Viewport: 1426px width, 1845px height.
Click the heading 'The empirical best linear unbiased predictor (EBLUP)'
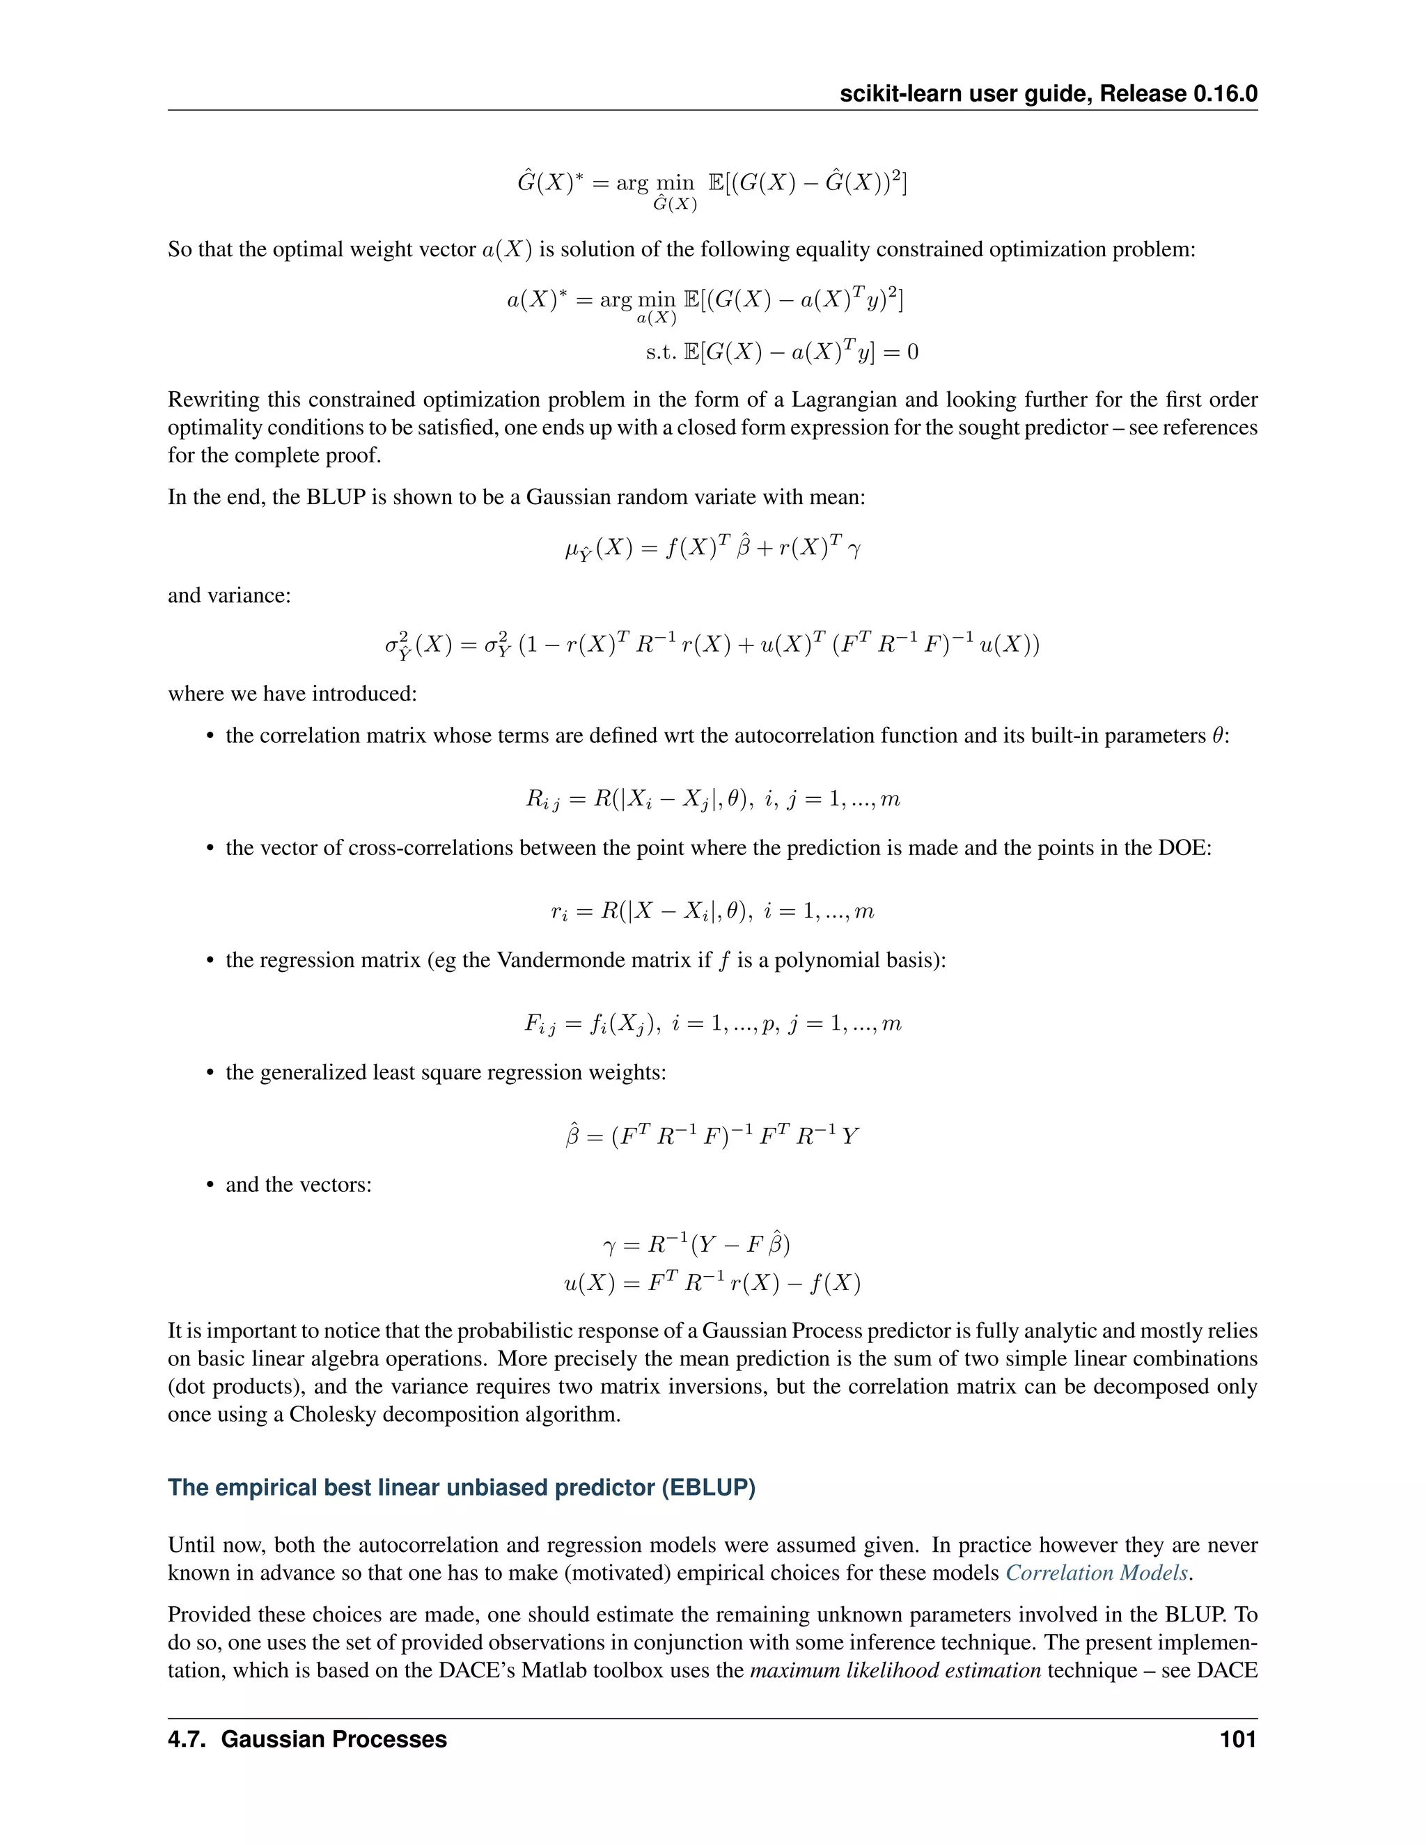click(461, 1487)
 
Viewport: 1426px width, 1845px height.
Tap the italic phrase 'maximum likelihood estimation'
click(895, 1670)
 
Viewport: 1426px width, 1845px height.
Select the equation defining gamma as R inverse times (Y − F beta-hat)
click(697, 1244)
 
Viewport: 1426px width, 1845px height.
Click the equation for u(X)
click(712, 1283)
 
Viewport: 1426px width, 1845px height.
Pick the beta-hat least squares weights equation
click(712, 1136)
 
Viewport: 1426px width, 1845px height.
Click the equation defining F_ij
click(712, 1024)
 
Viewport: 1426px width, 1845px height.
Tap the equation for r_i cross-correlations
click(712, 911)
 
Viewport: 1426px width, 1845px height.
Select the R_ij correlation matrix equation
click(712, 799)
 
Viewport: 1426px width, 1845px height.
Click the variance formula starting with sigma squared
click(712, 645)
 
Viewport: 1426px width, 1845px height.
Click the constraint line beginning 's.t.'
click(781, 352)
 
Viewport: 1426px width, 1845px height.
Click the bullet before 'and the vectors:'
click(210, 1185)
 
